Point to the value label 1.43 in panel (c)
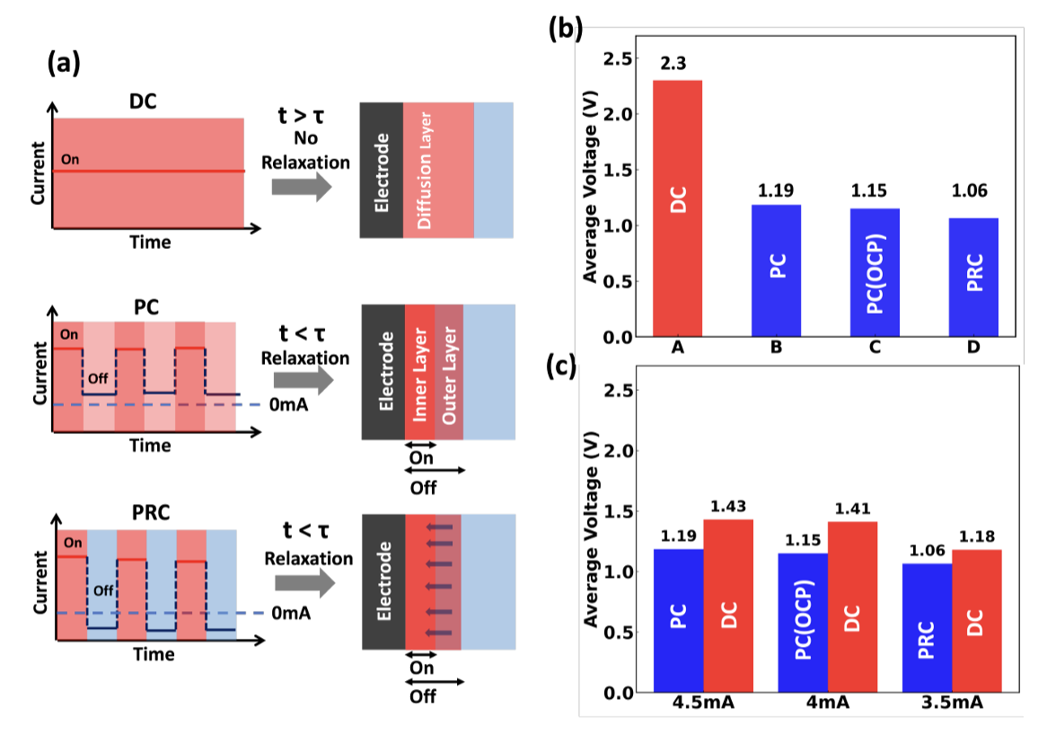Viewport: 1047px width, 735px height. (728, 507)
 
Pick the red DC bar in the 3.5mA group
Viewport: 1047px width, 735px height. (977, 621)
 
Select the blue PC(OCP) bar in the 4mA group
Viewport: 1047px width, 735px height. (802, 623)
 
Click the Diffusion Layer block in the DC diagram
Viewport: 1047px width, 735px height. (437, 170)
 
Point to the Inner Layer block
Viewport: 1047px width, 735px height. (419, 372)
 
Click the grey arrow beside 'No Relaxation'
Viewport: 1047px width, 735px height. (301, 186)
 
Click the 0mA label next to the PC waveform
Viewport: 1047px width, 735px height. (290, 405)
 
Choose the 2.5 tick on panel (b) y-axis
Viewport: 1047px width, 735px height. (617, 59)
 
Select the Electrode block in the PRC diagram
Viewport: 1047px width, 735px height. (384, 581)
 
